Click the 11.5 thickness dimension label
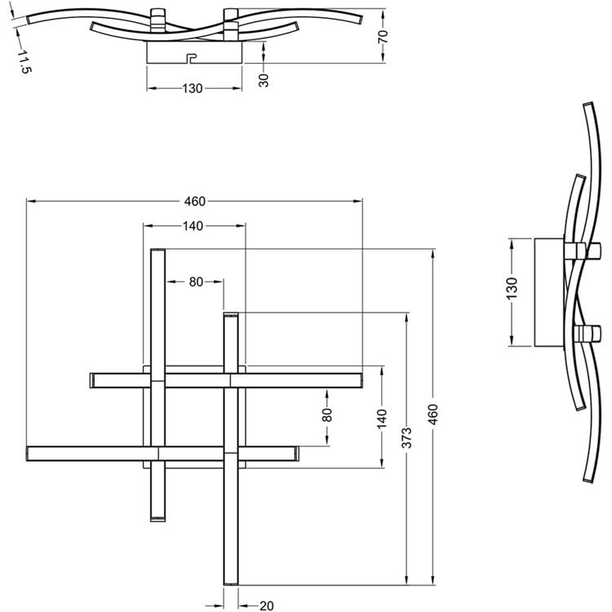(x=24, y=62)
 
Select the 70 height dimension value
(x=384, y=36)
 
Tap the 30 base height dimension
(x=264, y=80)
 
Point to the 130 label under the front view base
(x=193, y=89)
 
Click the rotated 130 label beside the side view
(x=512, y=288)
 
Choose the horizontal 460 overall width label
(x=195, y=202)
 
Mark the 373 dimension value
(x=406, y=438)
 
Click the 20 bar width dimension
(x=266, y=605)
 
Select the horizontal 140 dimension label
(x=193, y=226)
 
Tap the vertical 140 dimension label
(x=382, y=418)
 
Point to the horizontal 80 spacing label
(x=196, y=282)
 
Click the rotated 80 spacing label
(x=327, y=415)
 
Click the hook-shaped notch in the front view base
(x=192, y=59)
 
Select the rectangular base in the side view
(x=549, y=292)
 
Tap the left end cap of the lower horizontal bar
(x=28, y=454)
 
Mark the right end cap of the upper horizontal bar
(x=360, y=380)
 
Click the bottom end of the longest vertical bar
(x=231, y=583)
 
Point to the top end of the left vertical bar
(x=157, y=250)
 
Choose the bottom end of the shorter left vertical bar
(x=157, y=520)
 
